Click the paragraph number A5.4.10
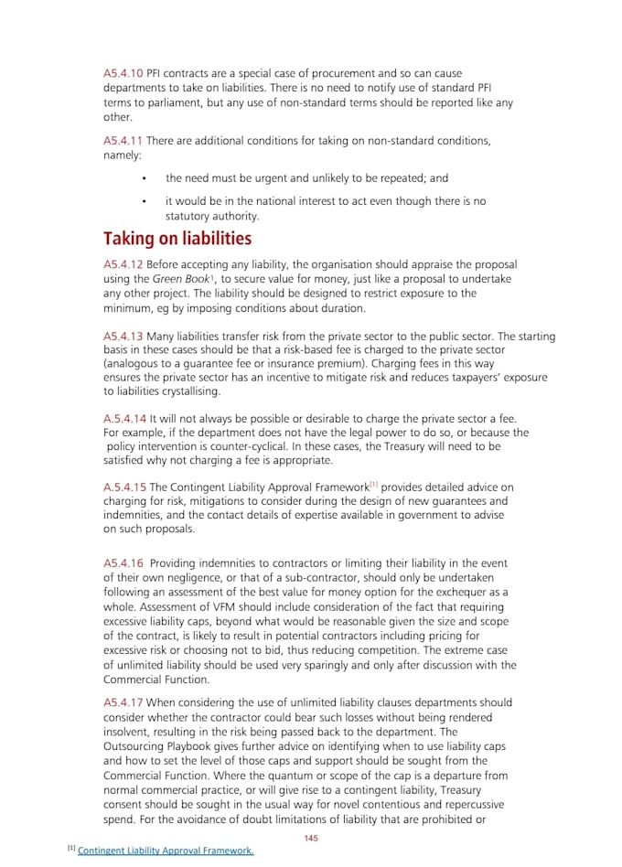(123, 73)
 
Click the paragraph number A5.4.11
(123, 141)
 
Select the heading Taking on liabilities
(177, 240)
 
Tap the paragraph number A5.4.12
(123, 264)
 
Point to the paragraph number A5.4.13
(123, 337)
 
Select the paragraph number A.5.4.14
(124, 418)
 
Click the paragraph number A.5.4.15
(124, 487)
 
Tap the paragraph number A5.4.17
(123, 702)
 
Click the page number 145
(311, 838)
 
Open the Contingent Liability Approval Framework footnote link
(166, 851)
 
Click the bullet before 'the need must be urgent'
(145, 179)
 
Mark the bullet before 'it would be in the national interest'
(145, 201)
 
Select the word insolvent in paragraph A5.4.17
(128, 733)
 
